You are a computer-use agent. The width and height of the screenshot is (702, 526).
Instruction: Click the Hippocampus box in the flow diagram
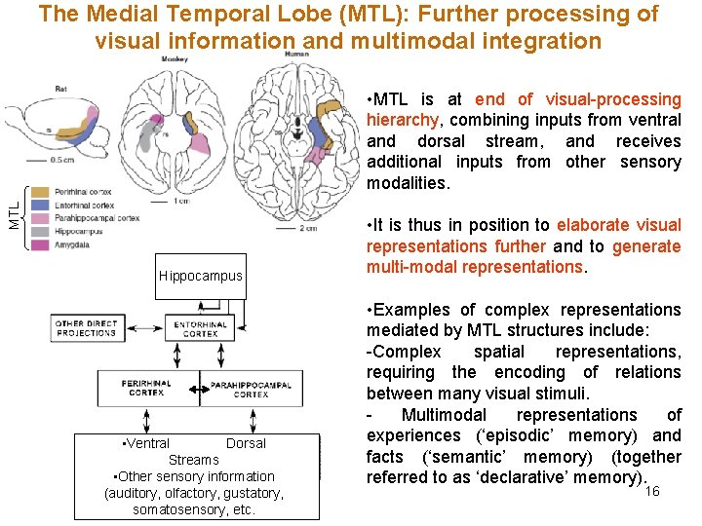coord(200,276)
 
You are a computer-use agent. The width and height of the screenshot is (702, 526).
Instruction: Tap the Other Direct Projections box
coord(86,328)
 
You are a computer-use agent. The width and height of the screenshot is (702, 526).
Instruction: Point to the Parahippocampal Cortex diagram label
coord(251,389)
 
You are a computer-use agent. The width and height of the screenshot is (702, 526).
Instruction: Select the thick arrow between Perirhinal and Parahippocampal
coord(199,390)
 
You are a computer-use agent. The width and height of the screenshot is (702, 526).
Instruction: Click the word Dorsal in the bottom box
coord(246,443)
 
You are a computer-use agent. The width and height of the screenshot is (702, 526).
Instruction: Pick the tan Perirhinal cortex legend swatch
coord(40,192)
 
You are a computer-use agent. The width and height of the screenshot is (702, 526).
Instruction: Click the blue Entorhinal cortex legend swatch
coord(40,206)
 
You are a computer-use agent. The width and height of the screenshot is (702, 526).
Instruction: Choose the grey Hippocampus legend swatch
coord(40,232)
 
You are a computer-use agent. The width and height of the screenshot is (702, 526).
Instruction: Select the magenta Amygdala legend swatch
coord(40,245)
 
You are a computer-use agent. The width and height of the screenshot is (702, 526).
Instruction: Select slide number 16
coord(652,491)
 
